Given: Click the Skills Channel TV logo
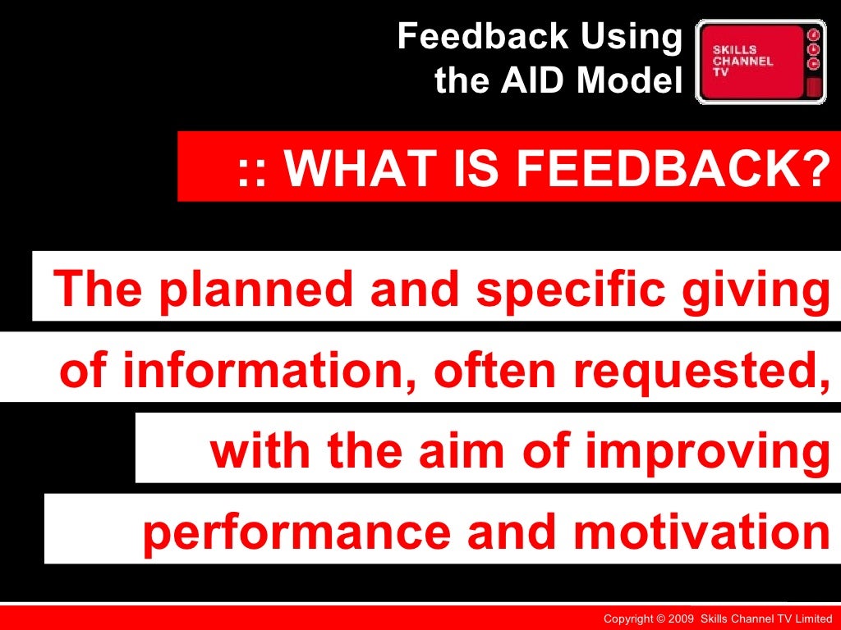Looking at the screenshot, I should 760,62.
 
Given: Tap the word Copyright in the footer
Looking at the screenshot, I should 628,619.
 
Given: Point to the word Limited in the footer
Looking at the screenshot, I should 814,619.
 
